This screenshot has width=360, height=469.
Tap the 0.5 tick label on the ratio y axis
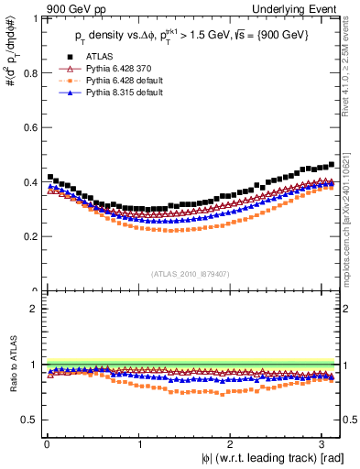[28, 420]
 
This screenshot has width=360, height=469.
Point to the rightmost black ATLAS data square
[331, 165]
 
